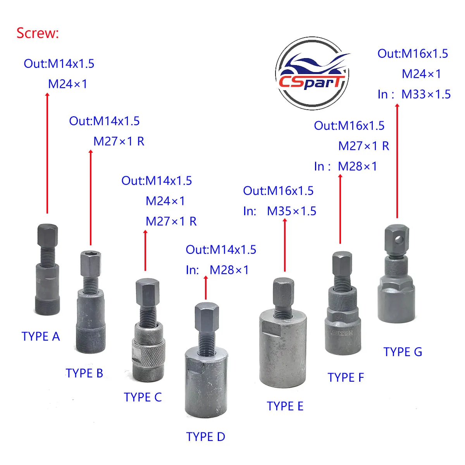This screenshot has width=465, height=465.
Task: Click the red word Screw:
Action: click(38, 33)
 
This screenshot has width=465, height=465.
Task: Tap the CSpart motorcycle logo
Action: click(312, 73)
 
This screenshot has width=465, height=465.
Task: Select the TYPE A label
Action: click(41, 336)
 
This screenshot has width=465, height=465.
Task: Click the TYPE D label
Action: click(206, 437)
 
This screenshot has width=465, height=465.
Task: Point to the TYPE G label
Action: click(403, 352)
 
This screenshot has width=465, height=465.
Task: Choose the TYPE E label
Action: click(285, 406)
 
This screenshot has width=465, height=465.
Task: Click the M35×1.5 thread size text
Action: click(291, 211)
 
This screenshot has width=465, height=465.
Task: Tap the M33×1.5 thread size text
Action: click(426, 94)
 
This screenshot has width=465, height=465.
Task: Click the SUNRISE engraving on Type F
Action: click(342, 333)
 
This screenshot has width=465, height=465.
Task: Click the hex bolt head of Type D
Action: click(207, 317)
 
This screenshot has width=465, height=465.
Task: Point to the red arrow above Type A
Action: click(47, 153)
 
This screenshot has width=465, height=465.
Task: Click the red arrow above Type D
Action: click(206, 288)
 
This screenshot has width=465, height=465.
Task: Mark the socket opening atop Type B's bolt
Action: click(91, 253)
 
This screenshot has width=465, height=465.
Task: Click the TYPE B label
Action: click(84, 373)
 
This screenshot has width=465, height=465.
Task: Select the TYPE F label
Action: click(346, 377)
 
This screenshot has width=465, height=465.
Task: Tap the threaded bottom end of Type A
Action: click(48, 306)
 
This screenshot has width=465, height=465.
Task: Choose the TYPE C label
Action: click(143, 397)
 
